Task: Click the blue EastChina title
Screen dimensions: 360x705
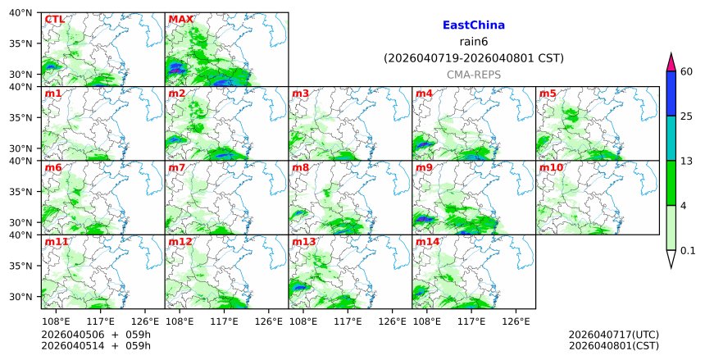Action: point(473,25)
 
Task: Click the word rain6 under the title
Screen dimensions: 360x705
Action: point(473,42)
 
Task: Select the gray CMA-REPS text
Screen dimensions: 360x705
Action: point(473,75)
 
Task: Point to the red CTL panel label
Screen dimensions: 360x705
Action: point(55,20)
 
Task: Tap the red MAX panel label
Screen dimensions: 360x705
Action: point(180,20)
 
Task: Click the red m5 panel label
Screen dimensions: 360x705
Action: point(548,94)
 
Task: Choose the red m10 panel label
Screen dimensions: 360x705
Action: point(551,168)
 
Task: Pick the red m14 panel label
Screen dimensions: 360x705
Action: point(427,243)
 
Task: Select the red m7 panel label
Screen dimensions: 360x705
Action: point(177,168)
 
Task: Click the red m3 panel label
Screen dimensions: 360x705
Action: point(301,94)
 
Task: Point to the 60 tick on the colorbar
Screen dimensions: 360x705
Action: point(687,72)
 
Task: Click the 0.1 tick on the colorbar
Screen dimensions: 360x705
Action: point(688,251)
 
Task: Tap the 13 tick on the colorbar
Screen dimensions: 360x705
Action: point(687,161)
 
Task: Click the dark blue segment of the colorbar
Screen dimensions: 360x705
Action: point(671,93)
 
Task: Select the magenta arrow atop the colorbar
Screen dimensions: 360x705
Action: point(671,62)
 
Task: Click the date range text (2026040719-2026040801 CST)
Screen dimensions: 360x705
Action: point(473,58)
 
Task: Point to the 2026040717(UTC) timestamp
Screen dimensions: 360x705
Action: point(613,335)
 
